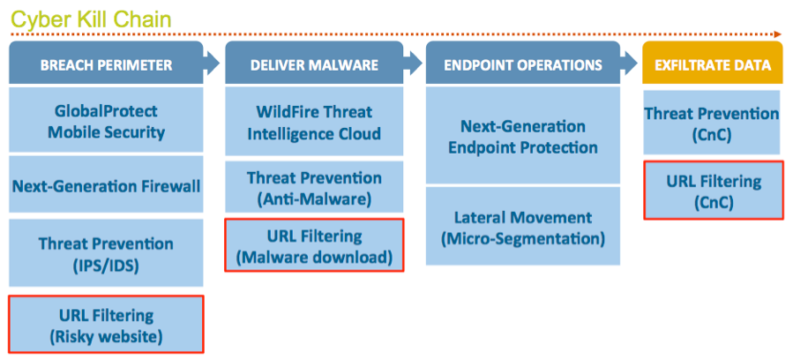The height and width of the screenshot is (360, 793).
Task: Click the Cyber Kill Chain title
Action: pyautogui.click(x=92, y=19)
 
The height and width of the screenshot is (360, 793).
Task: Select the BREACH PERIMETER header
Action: pyautogui.click(x=106, y=64)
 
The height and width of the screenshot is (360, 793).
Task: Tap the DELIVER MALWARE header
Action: pyautogui.click(x=314, y=64)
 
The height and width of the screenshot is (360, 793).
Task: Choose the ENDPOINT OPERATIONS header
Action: pyautogui.click(x=523, y=64)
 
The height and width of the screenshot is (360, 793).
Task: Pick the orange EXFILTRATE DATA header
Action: pyautogui.click(x=713, y=64)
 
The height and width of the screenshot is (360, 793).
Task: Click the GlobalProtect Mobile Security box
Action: pyautogui.click(x=106, y=120)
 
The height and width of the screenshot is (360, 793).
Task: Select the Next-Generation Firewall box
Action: pyautogui.click(x=106, y=184)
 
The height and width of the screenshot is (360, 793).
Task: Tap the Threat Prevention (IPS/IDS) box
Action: pyautogui.click(x=106, y=253)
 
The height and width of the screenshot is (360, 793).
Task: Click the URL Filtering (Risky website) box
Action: pyautogui.click(x=106, y=324)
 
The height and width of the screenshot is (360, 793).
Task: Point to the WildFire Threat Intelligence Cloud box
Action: pyautogui.click(x=314, y=122)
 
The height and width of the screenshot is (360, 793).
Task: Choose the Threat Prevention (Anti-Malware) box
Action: pyautogui.click(x=314, y=187)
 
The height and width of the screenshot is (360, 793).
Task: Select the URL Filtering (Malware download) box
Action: pyautogui.click(x=314, y=245)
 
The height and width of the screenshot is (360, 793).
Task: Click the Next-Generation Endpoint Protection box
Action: pyautogui.click(x=523, y=135)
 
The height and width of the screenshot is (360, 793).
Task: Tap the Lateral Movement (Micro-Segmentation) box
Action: pyautogui.click(x=523, y=226)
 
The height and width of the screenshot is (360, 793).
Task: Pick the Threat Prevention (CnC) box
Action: pyautogui.click(x=713, y=123)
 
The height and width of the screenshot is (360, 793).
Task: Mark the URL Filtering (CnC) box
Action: pyautogui.click(x=713, y=190)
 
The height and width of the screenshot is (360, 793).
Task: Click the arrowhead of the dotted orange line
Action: pyautogui.click(x=778, y=34)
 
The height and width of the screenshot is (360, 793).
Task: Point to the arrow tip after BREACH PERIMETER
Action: pyautogui.click(x=219, y=64)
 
